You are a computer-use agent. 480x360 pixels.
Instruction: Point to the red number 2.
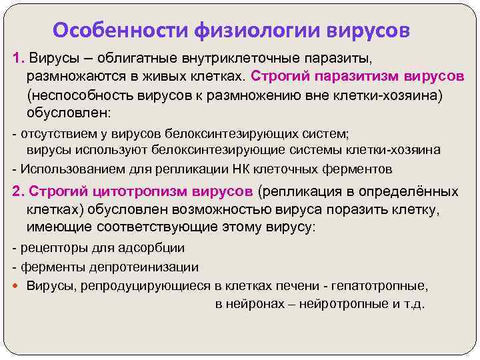pos(19,192)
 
